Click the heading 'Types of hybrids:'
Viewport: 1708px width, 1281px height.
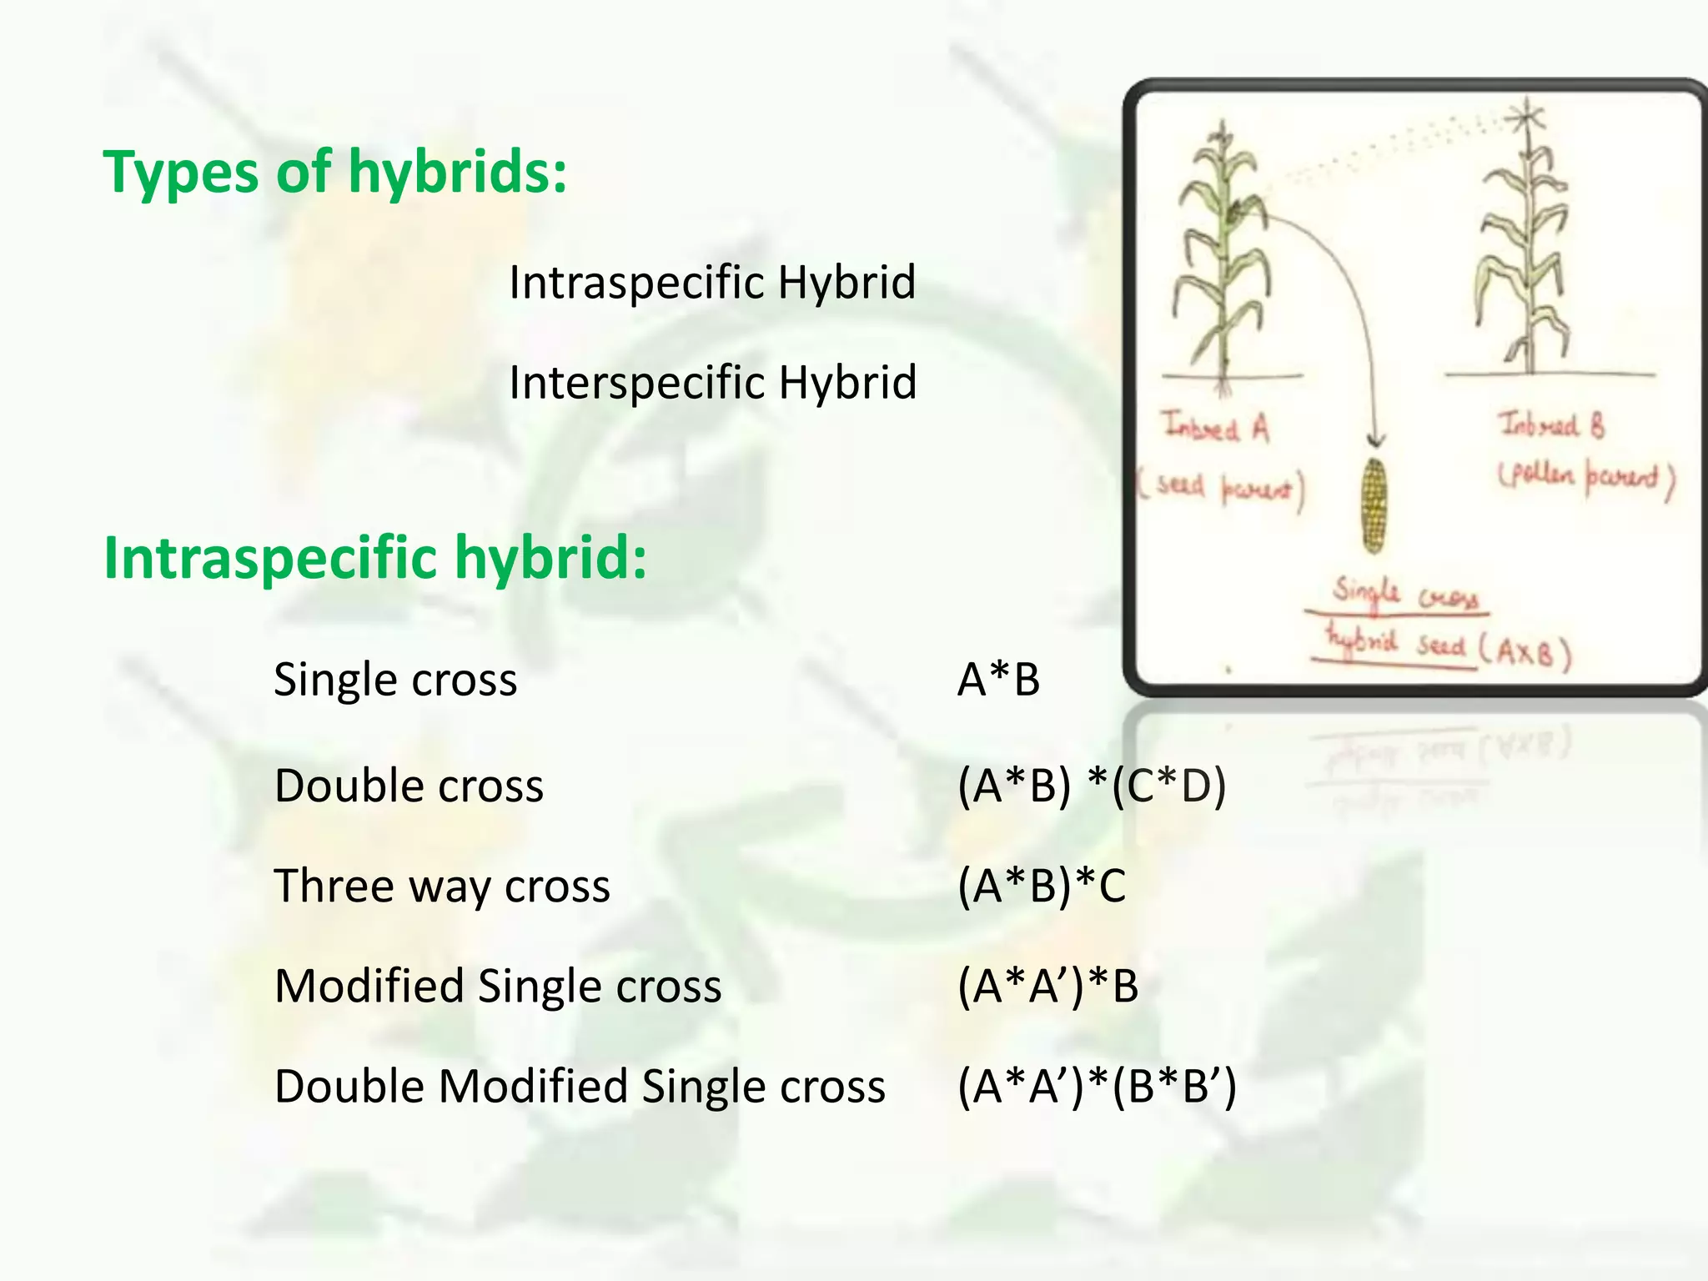click(334, 172)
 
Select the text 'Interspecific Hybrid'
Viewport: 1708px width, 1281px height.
click(712, 383)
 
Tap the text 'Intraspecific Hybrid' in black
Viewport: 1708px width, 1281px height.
click(712, 283)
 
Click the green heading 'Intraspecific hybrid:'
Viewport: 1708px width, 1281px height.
click(374, 557)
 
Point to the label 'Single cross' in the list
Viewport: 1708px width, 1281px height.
click(395, 680)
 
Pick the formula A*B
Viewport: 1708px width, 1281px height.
click(998, 680)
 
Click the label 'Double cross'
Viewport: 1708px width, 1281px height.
click(409, 786)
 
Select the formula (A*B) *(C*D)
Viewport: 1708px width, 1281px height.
click(1092, 786)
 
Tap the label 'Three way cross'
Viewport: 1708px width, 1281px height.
click(442, 886)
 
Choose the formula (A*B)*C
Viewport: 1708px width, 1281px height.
click(1042, 886)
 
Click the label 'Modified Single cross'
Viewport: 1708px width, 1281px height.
click(498, 986)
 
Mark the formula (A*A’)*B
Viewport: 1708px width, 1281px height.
click(1047, 986)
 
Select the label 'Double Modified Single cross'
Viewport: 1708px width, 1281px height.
click(580, 1086)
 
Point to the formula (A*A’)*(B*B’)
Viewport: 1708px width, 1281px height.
click(1097, 1086)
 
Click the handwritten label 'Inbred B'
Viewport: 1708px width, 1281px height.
click(1550, 425)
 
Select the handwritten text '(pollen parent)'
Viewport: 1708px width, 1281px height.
click(1585, 479)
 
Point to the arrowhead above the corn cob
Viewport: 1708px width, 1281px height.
click(1375, 440)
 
